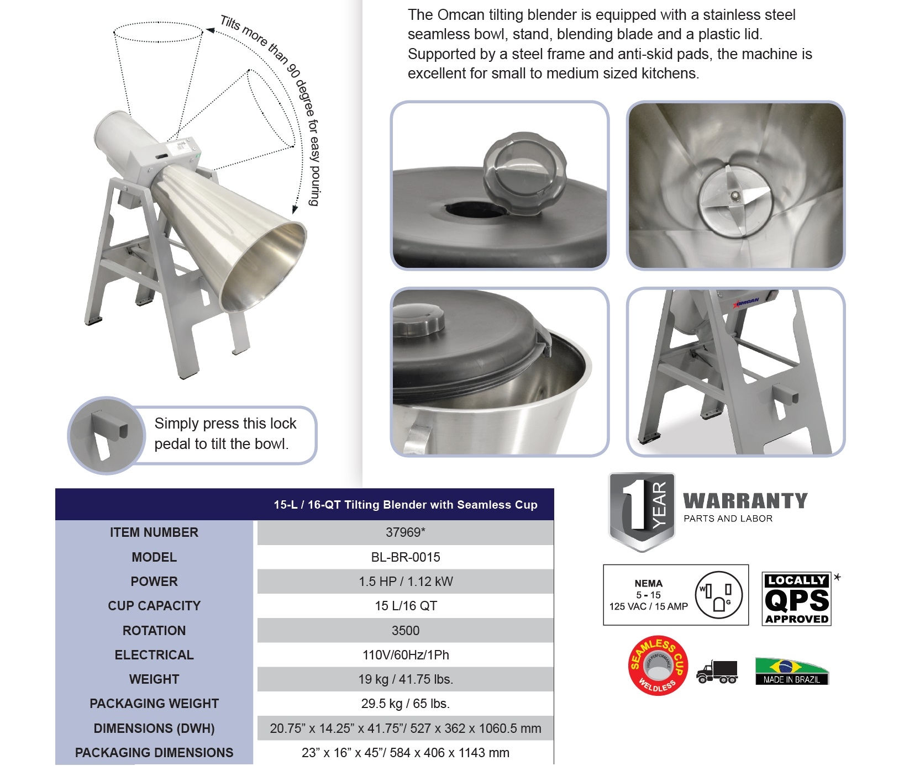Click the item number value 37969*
(x=405, y=532)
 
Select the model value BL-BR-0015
(x=405, y=557)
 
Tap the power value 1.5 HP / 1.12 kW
(x=405, y=582)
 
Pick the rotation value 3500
(x=405, y=631)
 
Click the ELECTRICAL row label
(x=154, y=655)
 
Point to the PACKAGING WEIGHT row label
(x=154, y=704)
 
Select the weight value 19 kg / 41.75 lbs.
(x=405, y=679)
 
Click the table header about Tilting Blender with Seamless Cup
(x=405, y=505)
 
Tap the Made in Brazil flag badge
(x=792, y=671)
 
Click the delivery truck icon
(x=717, y=672)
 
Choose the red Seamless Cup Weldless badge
(x=658, y=665)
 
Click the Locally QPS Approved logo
(x=796, y=599)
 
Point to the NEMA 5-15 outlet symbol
(x=718, y=595)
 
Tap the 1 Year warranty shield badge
(x=642, y=511)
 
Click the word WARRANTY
(x=745, y=501)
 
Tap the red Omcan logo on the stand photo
(x=746, y=302)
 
